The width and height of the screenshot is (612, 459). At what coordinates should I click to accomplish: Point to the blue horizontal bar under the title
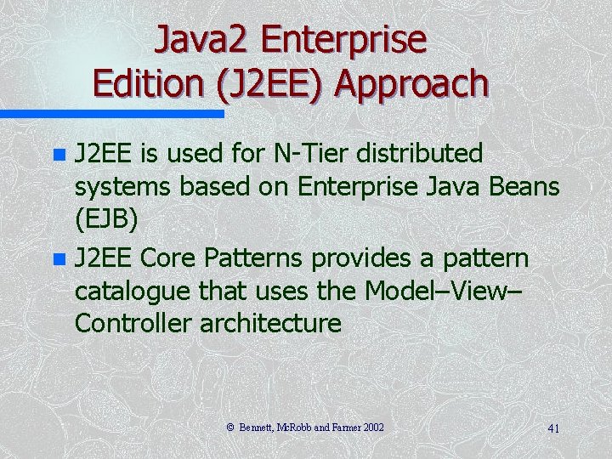111,113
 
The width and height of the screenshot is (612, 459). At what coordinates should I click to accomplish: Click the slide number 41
553,428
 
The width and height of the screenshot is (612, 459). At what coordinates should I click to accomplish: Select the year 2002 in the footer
373,428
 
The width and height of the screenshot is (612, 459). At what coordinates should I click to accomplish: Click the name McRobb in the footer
293,428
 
